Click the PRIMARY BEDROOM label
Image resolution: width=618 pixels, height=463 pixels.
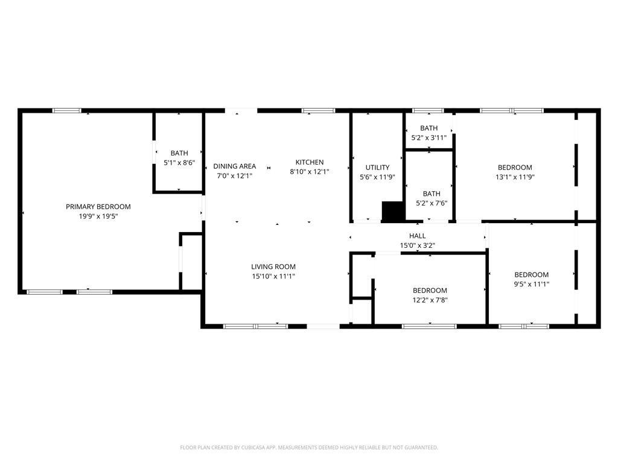point(98,207)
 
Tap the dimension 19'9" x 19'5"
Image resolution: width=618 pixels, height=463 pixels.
point(98,216)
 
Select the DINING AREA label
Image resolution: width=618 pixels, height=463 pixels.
point(234,166)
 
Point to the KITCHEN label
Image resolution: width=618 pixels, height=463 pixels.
point(310,162)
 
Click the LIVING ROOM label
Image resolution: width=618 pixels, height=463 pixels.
point(273,266)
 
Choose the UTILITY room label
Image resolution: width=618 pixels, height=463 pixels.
point(377,168)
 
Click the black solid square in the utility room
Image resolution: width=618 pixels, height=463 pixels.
point(392,211)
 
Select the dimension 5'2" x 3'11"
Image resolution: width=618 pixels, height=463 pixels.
point(428,137)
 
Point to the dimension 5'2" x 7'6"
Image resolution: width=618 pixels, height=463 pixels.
point(431,203)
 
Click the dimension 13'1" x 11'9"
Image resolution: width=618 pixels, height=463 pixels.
point(515,177)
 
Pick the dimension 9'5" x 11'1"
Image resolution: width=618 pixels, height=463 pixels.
point(531,284)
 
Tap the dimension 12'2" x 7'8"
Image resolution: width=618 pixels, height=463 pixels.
point(430,300)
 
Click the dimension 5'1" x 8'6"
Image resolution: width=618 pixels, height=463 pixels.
point(179,163)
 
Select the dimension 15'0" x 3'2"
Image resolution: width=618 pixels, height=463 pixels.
point(417,245)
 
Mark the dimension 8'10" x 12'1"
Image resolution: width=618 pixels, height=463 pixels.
point(310,172)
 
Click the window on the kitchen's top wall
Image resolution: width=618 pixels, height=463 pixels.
point(318,110)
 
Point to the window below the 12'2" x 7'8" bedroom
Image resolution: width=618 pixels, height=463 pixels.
point(429,326)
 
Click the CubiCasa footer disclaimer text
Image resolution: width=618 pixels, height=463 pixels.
point(309,447)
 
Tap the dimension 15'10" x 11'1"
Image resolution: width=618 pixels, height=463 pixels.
point(273,276)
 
